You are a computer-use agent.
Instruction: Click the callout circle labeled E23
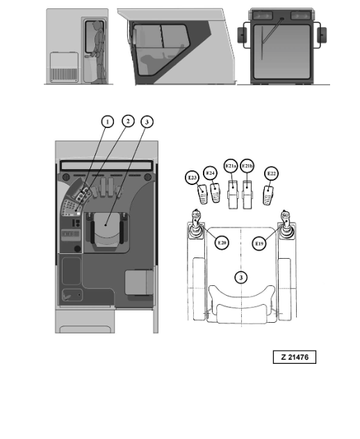pyautogui.click(x=193, y=178)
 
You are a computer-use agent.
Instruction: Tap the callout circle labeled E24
pyautogui.click(x=210, y=173)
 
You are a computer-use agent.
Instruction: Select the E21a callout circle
pyautogui.click(x=231, y=166)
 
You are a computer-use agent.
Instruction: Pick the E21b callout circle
pyautogui.click(x=247, y=166)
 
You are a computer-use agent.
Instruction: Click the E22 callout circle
pyautogui.click(x=271, y=174)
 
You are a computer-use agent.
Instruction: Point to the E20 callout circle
pyautogui.click(x=222, y=242)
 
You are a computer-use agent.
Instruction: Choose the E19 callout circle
pyautogui.click(x=259, y=244)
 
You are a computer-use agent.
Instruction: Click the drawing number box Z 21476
pyautogui.click(x=295, y=357)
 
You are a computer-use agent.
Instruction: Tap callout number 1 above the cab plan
pyautogui.click(x=108, y=122)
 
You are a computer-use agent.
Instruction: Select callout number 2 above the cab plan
pyautogui.click(x=128, y=121)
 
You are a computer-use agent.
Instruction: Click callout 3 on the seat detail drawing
pyautogui.click(x=241, y=278)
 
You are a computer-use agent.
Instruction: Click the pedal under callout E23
pyautogui.click(x=202, y=194)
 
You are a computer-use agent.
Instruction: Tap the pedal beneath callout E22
pyautogui.click(x=268, y=195)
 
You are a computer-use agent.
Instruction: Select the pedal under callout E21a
pyautogui.click(x=233, y=195)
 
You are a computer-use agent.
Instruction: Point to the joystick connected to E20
pyautogui.click(x=196, y=225)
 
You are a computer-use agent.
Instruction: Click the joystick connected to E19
pyautogui.click(x=286, y=225)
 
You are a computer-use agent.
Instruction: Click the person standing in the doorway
pyautogui.click(x=98, y=51)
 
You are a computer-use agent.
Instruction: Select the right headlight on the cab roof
pyautogui.click(x=301, y=15)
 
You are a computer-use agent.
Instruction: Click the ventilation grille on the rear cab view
pyautogui.click(x=64, y=74)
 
